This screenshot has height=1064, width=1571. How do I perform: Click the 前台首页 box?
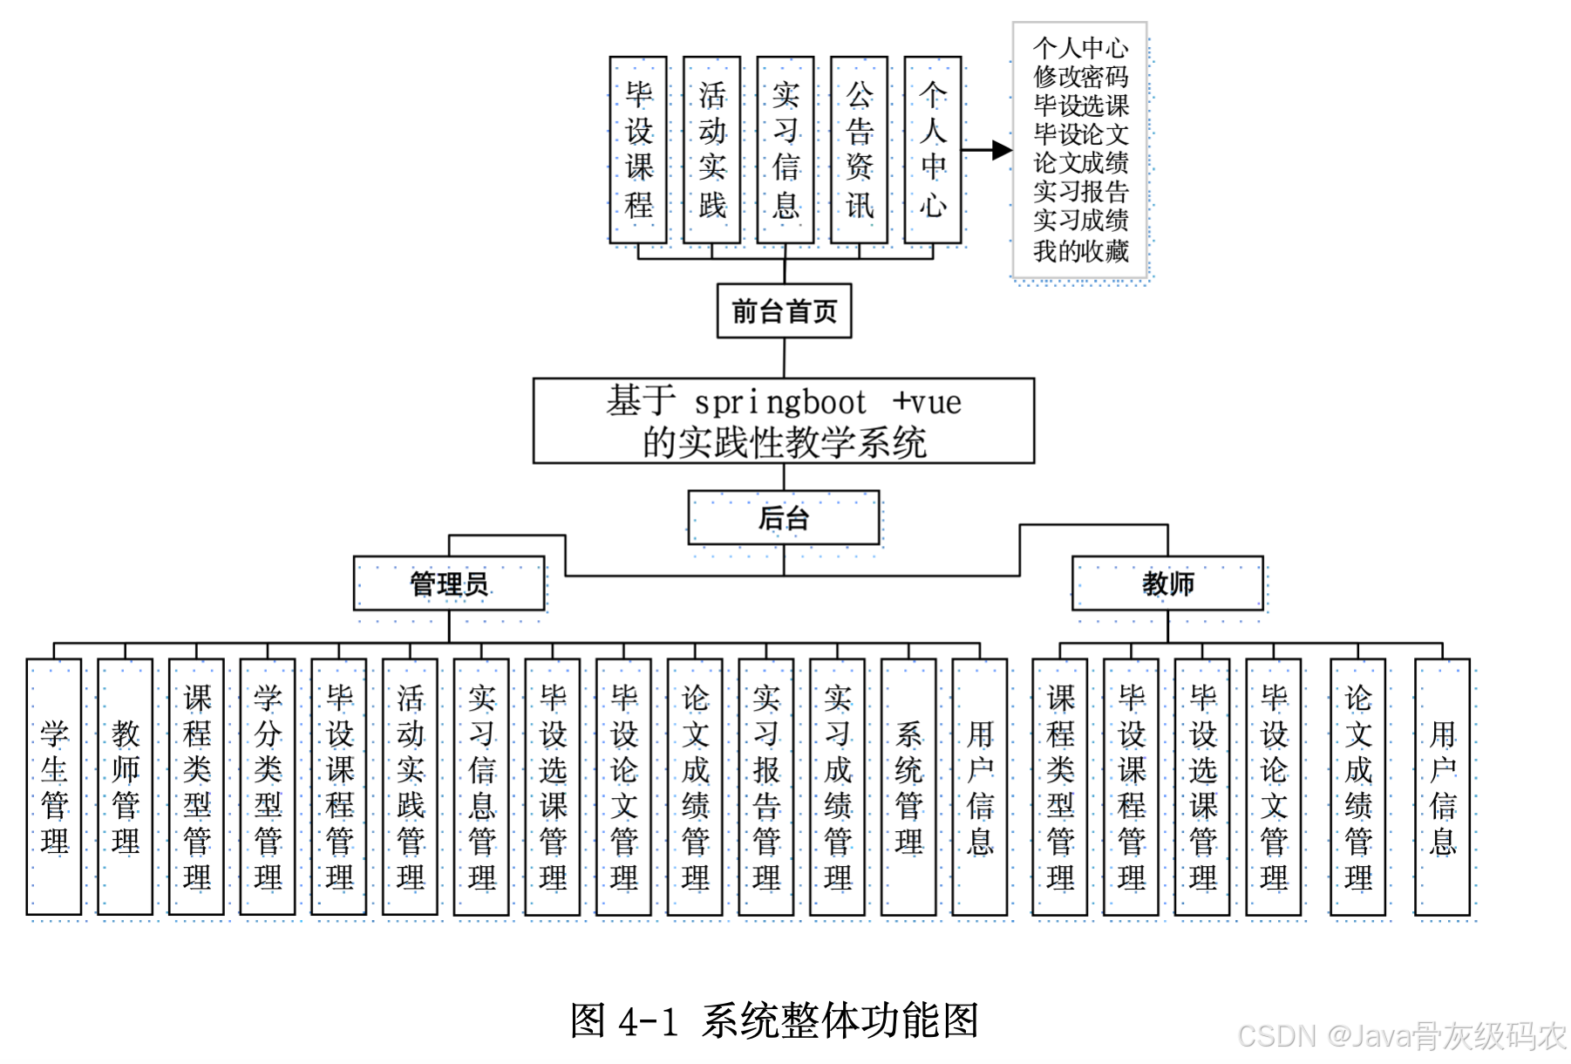784,310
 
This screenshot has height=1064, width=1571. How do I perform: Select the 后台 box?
784,518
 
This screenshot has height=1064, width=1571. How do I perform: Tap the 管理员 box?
449,583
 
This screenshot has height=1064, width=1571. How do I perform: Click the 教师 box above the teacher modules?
1167,583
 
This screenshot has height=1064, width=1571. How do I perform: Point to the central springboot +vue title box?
784,421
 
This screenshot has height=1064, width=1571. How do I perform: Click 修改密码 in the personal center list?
1081,77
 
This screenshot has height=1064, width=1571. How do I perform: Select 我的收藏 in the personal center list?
1081,251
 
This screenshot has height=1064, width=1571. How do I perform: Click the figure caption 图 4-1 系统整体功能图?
775,1020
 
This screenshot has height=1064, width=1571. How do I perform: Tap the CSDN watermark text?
1402,1036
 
